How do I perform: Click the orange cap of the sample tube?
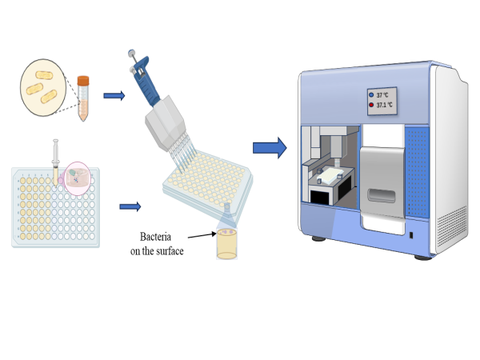point(82,81)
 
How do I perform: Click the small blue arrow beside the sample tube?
point(114,96)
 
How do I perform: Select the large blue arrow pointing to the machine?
point(269,147)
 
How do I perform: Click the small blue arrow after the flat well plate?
point(130,206)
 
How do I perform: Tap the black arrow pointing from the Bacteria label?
point(200,237)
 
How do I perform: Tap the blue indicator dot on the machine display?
point(372,95)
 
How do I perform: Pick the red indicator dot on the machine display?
point(372,105)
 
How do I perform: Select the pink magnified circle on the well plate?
point(77,176)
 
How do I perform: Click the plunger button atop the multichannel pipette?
point(131,55)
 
